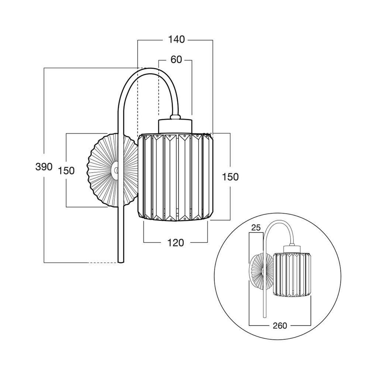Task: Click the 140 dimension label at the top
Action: [x=176, y=39]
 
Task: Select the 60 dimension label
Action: [x=176, y=59]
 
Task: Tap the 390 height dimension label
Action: [x=44, y=167]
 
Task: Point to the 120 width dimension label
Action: [x=175, y=243]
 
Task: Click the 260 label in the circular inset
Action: [x=280, y=325]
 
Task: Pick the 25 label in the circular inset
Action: [x=255, y=227]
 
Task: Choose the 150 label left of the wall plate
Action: [x=66, y=170]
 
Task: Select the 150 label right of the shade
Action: [x=231, y=177]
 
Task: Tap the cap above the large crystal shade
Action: [x=175, y=125]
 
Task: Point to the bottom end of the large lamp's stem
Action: [x=121, y=261]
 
